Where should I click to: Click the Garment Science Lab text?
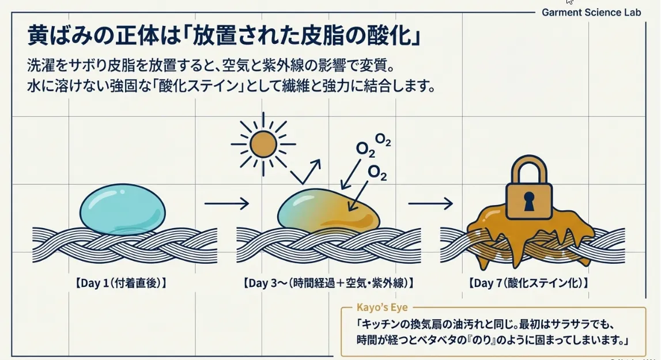591,13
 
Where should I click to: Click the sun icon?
263,144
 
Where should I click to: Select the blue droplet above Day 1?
123,209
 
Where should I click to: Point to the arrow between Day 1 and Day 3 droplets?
227,203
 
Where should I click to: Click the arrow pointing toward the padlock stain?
430,203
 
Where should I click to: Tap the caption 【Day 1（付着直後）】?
121,283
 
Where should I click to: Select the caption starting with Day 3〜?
328,283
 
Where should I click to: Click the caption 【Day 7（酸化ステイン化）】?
528,283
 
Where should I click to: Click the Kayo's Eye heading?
382,308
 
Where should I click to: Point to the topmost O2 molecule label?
383,139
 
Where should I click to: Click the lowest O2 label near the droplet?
377,172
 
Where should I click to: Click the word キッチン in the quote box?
382,324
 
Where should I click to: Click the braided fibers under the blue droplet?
125,245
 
